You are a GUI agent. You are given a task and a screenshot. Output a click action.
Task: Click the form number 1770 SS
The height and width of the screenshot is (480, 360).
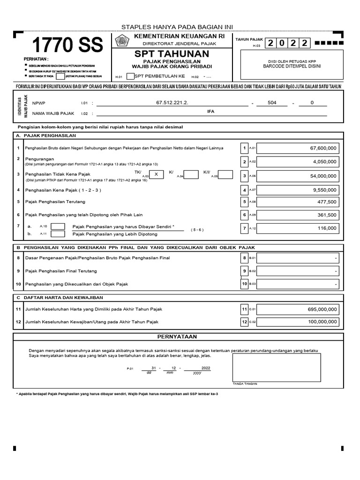tap(67, 46)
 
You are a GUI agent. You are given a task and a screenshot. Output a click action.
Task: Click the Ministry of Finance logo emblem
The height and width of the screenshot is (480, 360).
tap(122, 41)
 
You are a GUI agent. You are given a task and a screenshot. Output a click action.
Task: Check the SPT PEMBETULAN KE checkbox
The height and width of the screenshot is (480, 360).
tap(130, 76)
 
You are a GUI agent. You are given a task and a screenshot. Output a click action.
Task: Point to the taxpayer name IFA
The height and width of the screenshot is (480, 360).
tap(210, 112)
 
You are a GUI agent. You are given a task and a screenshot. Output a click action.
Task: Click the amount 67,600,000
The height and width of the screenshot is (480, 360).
tap(323, 148)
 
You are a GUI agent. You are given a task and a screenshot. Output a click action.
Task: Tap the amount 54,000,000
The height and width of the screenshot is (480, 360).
tap(323, 176)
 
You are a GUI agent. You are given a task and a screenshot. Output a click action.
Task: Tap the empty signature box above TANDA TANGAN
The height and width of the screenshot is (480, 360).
tap(276, 367)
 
